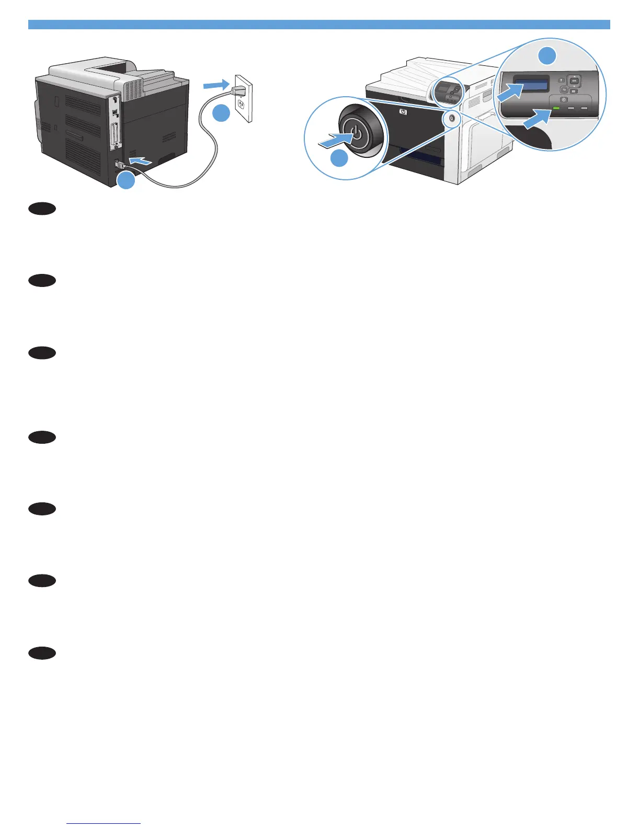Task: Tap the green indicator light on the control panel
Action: (556, 109)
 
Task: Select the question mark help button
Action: (562, 80)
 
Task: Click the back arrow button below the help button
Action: (564, 89)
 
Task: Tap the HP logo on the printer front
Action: (402, 111)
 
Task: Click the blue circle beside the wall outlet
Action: (222, 113)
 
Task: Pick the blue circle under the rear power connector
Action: (126, 181)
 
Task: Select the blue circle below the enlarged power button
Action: (340, 158)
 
